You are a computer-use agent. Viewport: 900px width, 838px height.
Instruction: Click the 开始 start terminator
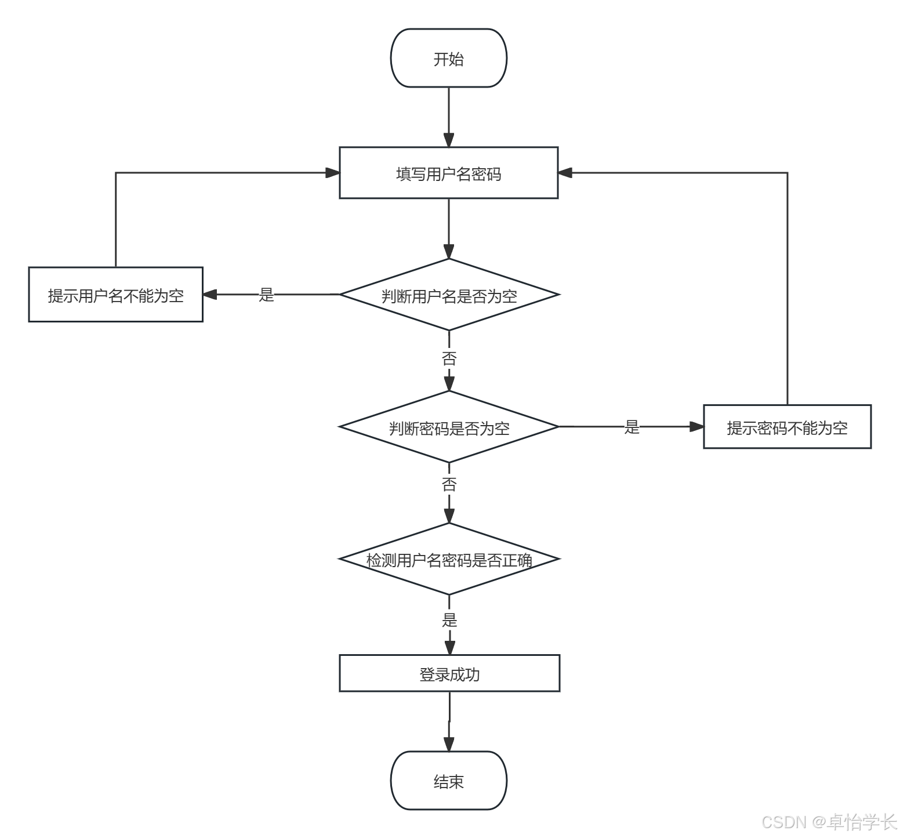[x=449, y=58]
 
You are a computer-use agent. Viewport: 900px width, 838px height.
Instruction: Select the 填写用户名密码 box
[x=449, y=173]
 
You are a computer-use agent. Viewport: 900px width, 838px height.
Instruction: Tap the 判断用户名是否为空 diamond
[x=449, y=295]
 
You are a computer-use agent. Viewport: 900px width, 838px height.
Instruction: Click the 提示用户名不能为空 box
[x=116, y=295]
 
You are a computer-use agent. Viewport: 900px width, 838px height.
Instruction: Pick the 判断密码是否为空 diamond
[x=449, y=427]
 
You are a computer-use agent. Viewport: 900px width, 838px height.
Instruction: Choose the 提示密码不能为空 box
[x=788, y=427]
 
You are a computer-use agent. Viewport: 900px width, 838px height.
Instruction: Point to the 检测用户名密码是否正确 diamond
[x=449, y=559]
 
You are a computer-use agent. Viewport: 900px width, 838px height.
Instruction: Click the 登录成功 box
[x=449, y=673]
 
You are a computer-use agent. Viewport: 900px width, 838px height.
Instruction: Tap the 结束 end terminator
[x=449, y=781]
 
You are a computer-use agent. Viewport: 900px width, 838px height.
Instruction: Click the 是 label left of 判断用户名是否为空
[x=266, y=295]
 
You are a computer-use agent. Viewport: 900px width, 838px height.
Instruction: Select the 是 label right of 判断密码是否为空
[x=632, y=427]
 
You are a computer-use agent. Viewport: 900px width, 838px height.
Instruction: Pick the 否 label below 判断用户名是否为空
[x=449, y=358]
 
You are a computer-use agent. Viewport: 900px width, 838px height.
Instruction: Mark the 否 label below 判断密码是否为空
[x=449, y=484]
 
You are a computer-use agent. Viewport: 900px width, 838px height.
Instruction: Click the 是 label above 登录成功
[x=449, y=620]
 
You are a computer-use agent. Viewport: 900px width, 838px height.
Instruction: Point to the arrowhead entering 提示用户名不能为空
[x=210, y=295]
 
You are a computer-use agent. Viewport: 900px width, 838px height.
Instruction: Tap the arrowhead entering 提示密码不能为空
[x=696, y=427]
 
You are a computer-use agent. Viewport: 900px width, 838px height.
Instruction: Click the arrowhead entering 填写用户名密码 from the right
[x=565, y=173]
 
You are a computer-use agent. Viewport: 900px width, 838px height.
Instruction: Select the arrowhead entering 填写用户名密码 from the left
[x=332, y=173]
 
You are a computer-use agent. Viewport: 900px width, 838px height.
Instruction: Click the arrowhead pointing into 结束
[x=449, y=744]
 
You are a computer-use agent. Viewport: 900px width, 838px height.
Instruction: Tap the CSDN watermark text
[x=829, y=822]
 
